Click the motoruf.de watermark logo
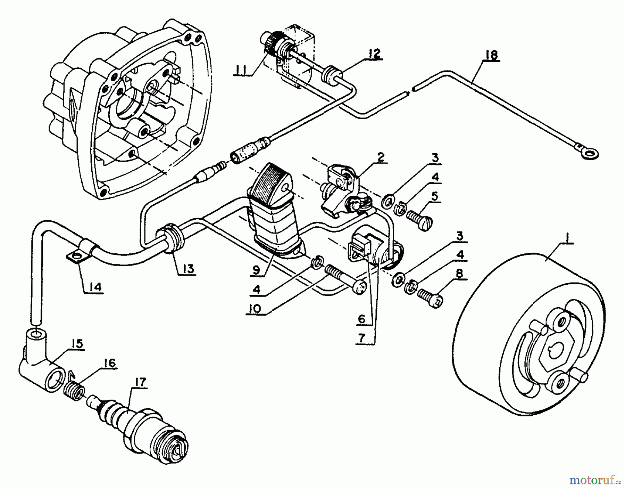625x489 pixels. [x=594, y=481]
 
